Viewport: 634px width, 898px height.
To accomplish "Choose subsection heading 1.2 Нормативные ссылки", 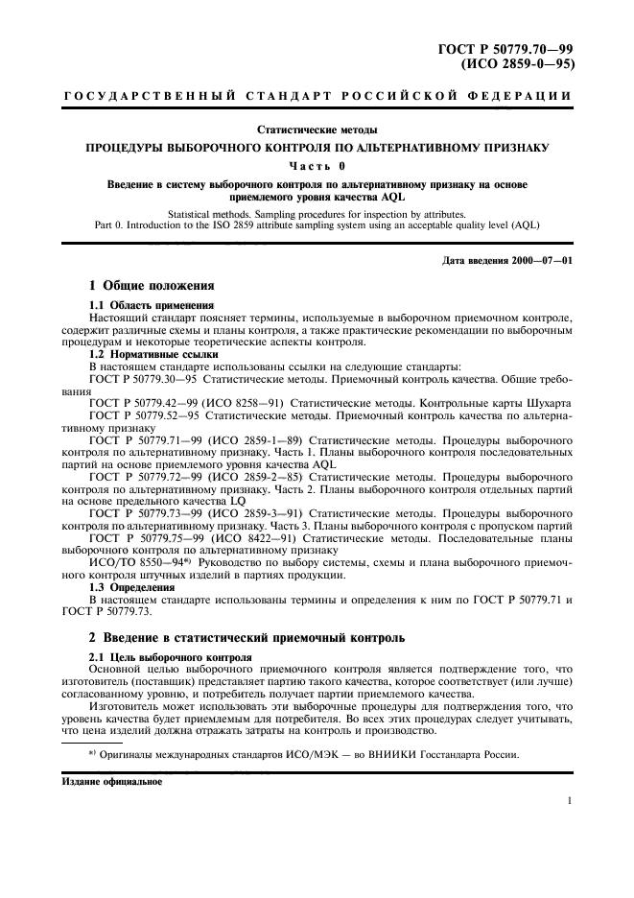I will coord(149,354).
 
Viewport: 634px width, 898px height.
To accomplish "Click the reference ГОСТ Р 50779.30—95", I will coord(144,379).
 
